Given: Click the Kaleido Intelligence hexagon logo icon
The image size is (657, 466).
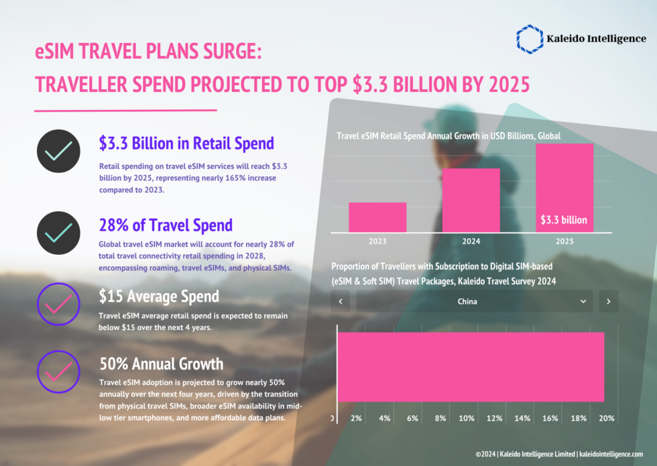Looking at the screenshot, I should tap(530, 39).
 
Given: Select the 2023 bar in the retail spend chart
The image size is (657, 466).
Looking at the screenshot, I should tap(377, 217).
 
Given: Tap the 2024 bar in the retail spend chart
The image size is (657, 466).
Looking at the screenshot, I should tap(471, 200).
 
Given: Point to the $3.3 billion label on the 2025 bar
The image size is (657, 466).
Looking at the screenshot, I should tap(564, 220).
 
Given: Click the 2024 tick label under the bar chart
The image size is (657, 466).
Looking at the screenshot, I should tap(471, 241).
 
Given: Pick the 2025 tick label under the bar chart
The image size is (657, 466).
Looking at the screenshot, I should tap(564, 241).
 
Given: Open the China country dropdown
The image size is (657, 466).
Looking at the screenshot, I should tap(475, 301).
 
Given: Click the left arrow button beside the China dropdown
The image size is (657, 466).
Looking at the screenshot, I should tap(341, 301).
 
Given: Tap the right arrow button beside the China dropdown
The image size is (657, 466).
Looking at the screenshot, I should tap(608, 301).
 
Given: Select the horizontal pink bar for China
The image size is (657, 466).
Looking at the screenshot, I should tap(471, 367).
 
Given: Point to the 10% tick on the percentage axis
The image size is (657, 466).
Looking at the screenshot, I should tap(467, 418).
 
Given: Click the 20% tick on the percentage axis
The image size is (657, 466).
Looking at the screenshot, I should tap(606, 418).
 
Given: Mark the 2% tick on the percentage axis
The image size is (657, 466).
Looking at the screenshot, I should tap(356, 418).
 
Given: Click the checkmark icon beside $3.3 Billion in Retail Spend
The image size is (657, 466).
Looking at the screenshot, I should tap(58, 152).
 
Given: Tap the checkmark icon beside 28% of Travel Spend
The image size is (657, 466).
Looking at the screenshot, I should tap(58, 233).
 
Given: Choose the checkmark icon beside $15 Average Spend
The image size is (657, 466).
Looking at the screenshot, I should tap(58, 306).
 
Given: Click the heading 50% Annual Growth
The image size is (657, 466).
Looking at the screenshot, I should tap(161, 364).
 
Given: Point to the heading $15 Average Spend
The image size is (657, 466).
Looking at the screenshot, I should tap(159, 296).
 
